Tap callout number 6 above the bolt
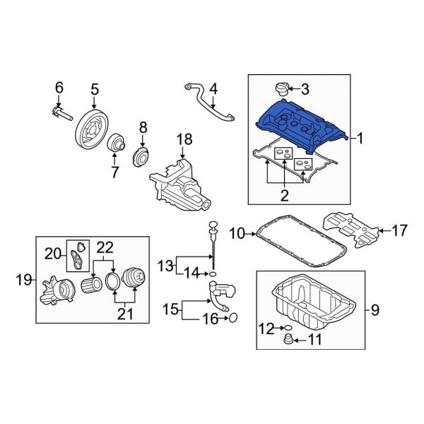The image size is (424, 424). (59, 88)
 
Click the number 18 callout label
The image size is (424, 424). (184, 140)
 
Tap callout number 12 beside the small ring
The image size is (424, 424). (265, 329)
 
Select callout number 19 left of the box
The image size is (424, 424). (22, 281)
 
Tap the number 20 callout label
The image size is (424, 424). (52, 253)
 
